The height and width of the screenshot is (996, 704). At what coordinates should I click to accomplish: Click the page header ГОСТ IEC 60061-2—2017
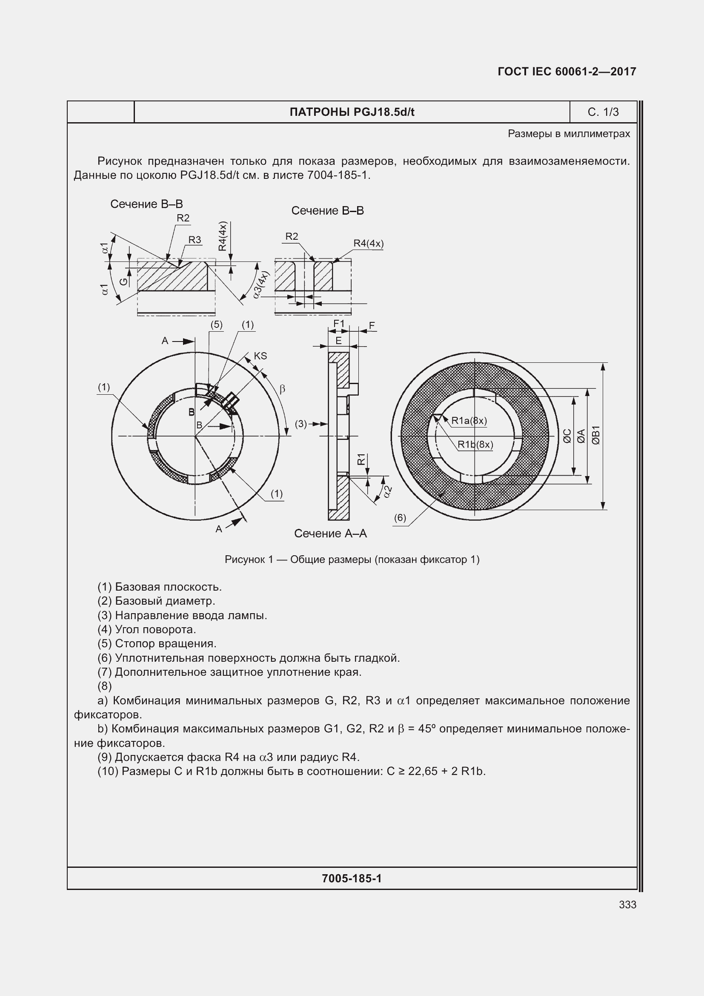click(567, 72)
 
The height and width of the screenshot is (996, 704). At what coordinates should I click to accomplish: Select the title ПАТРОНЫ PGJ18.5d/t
click(352, 112)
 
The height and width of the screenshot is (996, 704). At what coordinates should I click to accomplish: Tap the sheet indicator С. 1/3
click(603, 112)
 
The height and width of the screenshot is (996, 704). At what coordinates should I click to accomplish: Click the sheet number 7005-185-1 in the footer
click(352, 878)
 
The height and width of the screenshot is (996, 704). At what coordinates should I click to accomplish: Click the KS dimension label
click(260, 356)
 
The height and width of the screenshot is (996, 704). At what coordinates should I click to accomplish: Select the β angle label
click(282, 389)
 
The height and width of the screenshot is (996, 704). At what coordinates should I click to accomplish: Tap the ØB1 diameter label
click(596, 435)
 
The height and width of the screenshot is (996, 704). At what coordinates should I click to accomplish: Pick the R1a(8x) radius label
click(469, 420)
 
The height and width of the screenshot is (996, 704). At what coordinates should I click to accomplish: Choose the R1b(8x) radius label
click(475, 444)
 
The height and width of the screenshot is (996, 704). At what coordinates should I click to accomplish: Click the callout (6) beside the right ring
click(400, 517)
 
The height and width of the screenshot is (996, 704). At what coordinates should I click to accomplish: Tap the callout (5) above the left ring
click(216, 324)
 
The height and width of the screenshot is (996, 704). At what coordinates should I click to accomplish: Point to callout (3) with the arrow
click(301, 423)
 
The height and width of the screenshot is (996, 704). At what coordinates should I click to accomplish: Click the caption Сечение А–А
click(330, 534)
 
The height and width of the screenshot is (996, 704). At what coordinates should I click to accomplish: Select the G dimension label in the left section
click(123, 281)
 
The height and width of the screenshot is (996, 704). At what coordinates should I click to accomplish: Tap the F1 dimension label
click(338, 324)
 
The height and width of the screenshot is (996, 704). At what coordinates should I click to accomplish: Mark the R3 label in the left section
click(195, 239)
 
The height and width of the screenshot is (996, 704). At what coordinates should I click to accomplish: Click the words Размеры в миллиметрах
click(568, 134)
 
